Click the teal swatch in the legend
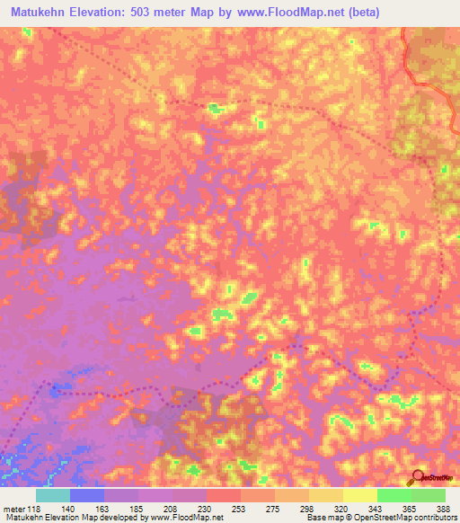53,495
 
